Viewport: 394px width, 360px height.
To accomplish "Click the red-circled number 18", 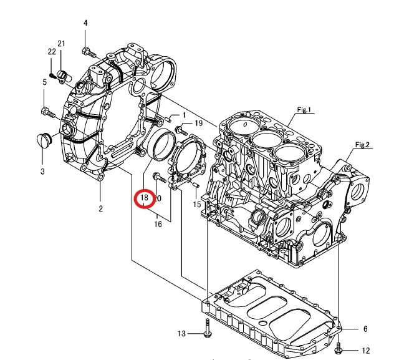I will [144, 198].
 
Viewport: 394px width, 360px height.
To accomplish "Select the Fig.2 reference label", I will [363, 145].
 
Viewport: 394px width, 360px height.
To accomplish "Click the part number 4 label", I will [85, 24].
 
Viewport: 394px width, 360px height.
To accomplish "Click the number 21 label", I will [62, 43].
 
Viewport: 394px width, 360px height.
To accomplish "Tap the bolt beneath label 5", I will [47, 113].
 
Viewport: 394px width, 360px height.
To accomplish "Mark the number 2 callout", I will [100, 208].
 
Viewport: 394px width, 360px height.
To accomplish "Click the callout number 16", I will [158, 224].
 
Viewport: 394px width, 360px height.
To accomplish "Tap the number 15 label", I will [197, 204].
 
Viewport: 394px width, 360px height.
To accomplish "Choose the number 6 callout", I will [365, 328].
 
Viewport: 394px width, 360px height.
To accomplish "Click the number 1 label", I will [184, 115].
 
